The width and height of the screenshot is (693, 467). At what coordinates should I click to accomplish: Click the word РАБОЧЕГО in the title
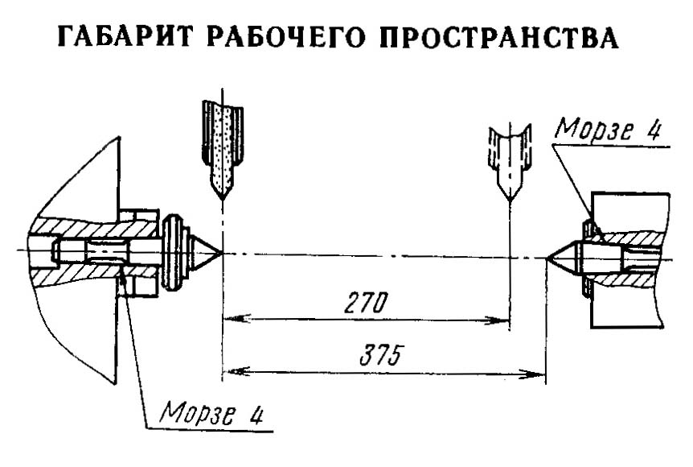(x=285, y=37)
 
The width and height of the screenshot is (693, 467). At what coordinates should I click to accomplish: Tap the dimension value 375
(x=380, y=355)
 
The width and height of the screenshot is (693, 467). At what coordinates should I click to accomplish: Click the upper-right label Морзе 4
(x=608, y=130)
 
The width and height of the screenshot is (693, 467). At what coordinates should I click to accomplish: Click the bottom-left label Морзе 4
(x=211, y=413)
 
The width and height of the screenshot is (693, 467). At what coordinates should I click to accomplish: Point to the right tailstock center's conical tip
(x=547, y=258)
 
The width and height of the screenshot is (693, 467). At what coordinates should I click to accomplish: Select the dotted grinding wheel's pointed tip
(x=222, y=198)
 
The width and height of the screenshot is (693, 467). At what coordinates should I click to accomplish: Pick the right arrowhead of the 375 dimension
(x=532, y=374)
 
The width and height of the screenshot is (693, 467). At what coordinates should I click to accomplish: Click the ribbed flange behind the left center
(x=172, y=253)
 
